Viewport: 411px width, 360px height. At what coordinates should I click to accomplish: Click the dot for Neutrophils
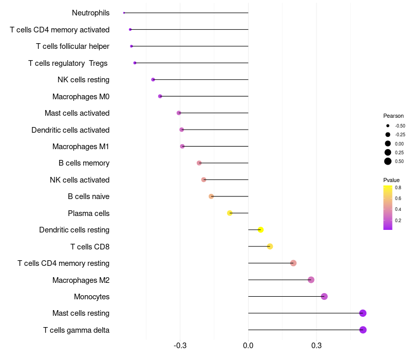(124, 13)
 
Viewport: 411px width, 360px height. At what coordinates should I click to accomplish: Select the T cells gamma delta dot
(363, 330)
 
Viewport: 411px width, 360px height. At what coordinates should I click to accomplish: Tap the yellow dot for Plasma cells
(230, 213)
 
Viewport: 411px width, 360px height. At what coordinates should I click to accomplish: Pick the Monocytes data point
(324, 296)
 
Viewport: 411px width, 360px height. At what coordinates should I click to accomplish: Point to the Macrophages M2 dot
(311, 280)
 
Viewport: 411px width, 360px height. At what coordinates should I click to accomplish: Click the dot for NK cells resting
(153, 80)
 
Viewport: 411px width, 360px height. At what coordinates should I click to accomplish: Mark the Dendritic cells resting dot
(260, 229)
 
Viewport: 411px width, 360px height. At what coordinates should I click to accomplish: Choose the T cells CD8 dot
(270, 246)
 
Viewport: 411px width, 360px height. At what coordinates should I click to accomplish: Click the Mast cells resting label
(81, 313)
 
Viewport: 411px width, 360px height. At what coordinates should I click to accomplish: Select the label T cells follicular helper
(72, 46)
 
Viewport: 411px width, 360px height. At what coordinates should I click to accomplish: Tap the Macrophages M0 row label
(81, 96)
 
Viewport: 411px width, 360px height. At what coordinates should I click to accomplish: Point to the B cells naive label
(88, 196)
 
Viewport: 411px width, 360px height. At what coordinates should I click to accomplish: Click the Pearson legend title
(394, 116)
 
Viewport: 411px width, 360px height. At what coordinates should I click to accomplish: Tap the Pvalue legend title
(391, 180)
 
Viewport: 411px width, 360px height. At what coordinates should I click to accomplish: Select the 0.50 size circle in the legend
(388, 161)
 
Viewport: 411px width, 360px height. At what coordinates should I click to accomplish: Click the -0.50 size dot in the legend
(388, 125)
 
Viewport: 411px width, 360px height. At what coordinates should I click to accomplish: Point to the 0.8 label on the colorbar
(398, 188)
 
